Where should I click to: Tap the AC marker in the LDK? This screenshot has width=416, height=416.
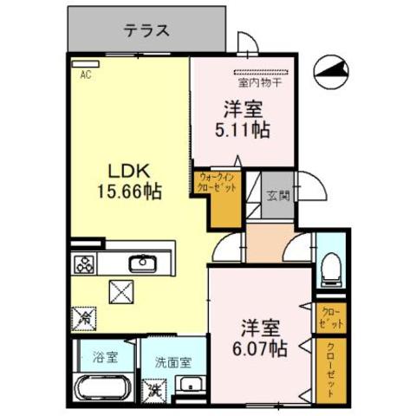[x=86, y=75]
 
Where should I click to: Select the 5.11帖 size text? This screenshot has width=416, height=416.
[x=243, y=131]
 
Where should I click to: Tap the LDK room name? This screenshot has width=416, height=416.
[x=128, y=168]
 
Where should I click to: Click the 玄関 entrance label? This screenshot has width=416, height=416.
[x=276, y=194]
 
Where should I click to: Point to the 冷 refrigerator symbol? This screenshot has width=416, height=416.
[x=86, y=318]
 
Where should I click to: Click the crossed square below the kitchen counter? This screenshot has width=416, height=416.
[x=120, y=292]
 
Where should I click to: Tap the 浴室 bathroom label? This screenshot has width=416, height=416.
[x=94, y=355]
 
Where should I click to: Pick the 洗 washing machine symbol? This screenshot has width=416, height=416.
[x=153, y=389]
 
